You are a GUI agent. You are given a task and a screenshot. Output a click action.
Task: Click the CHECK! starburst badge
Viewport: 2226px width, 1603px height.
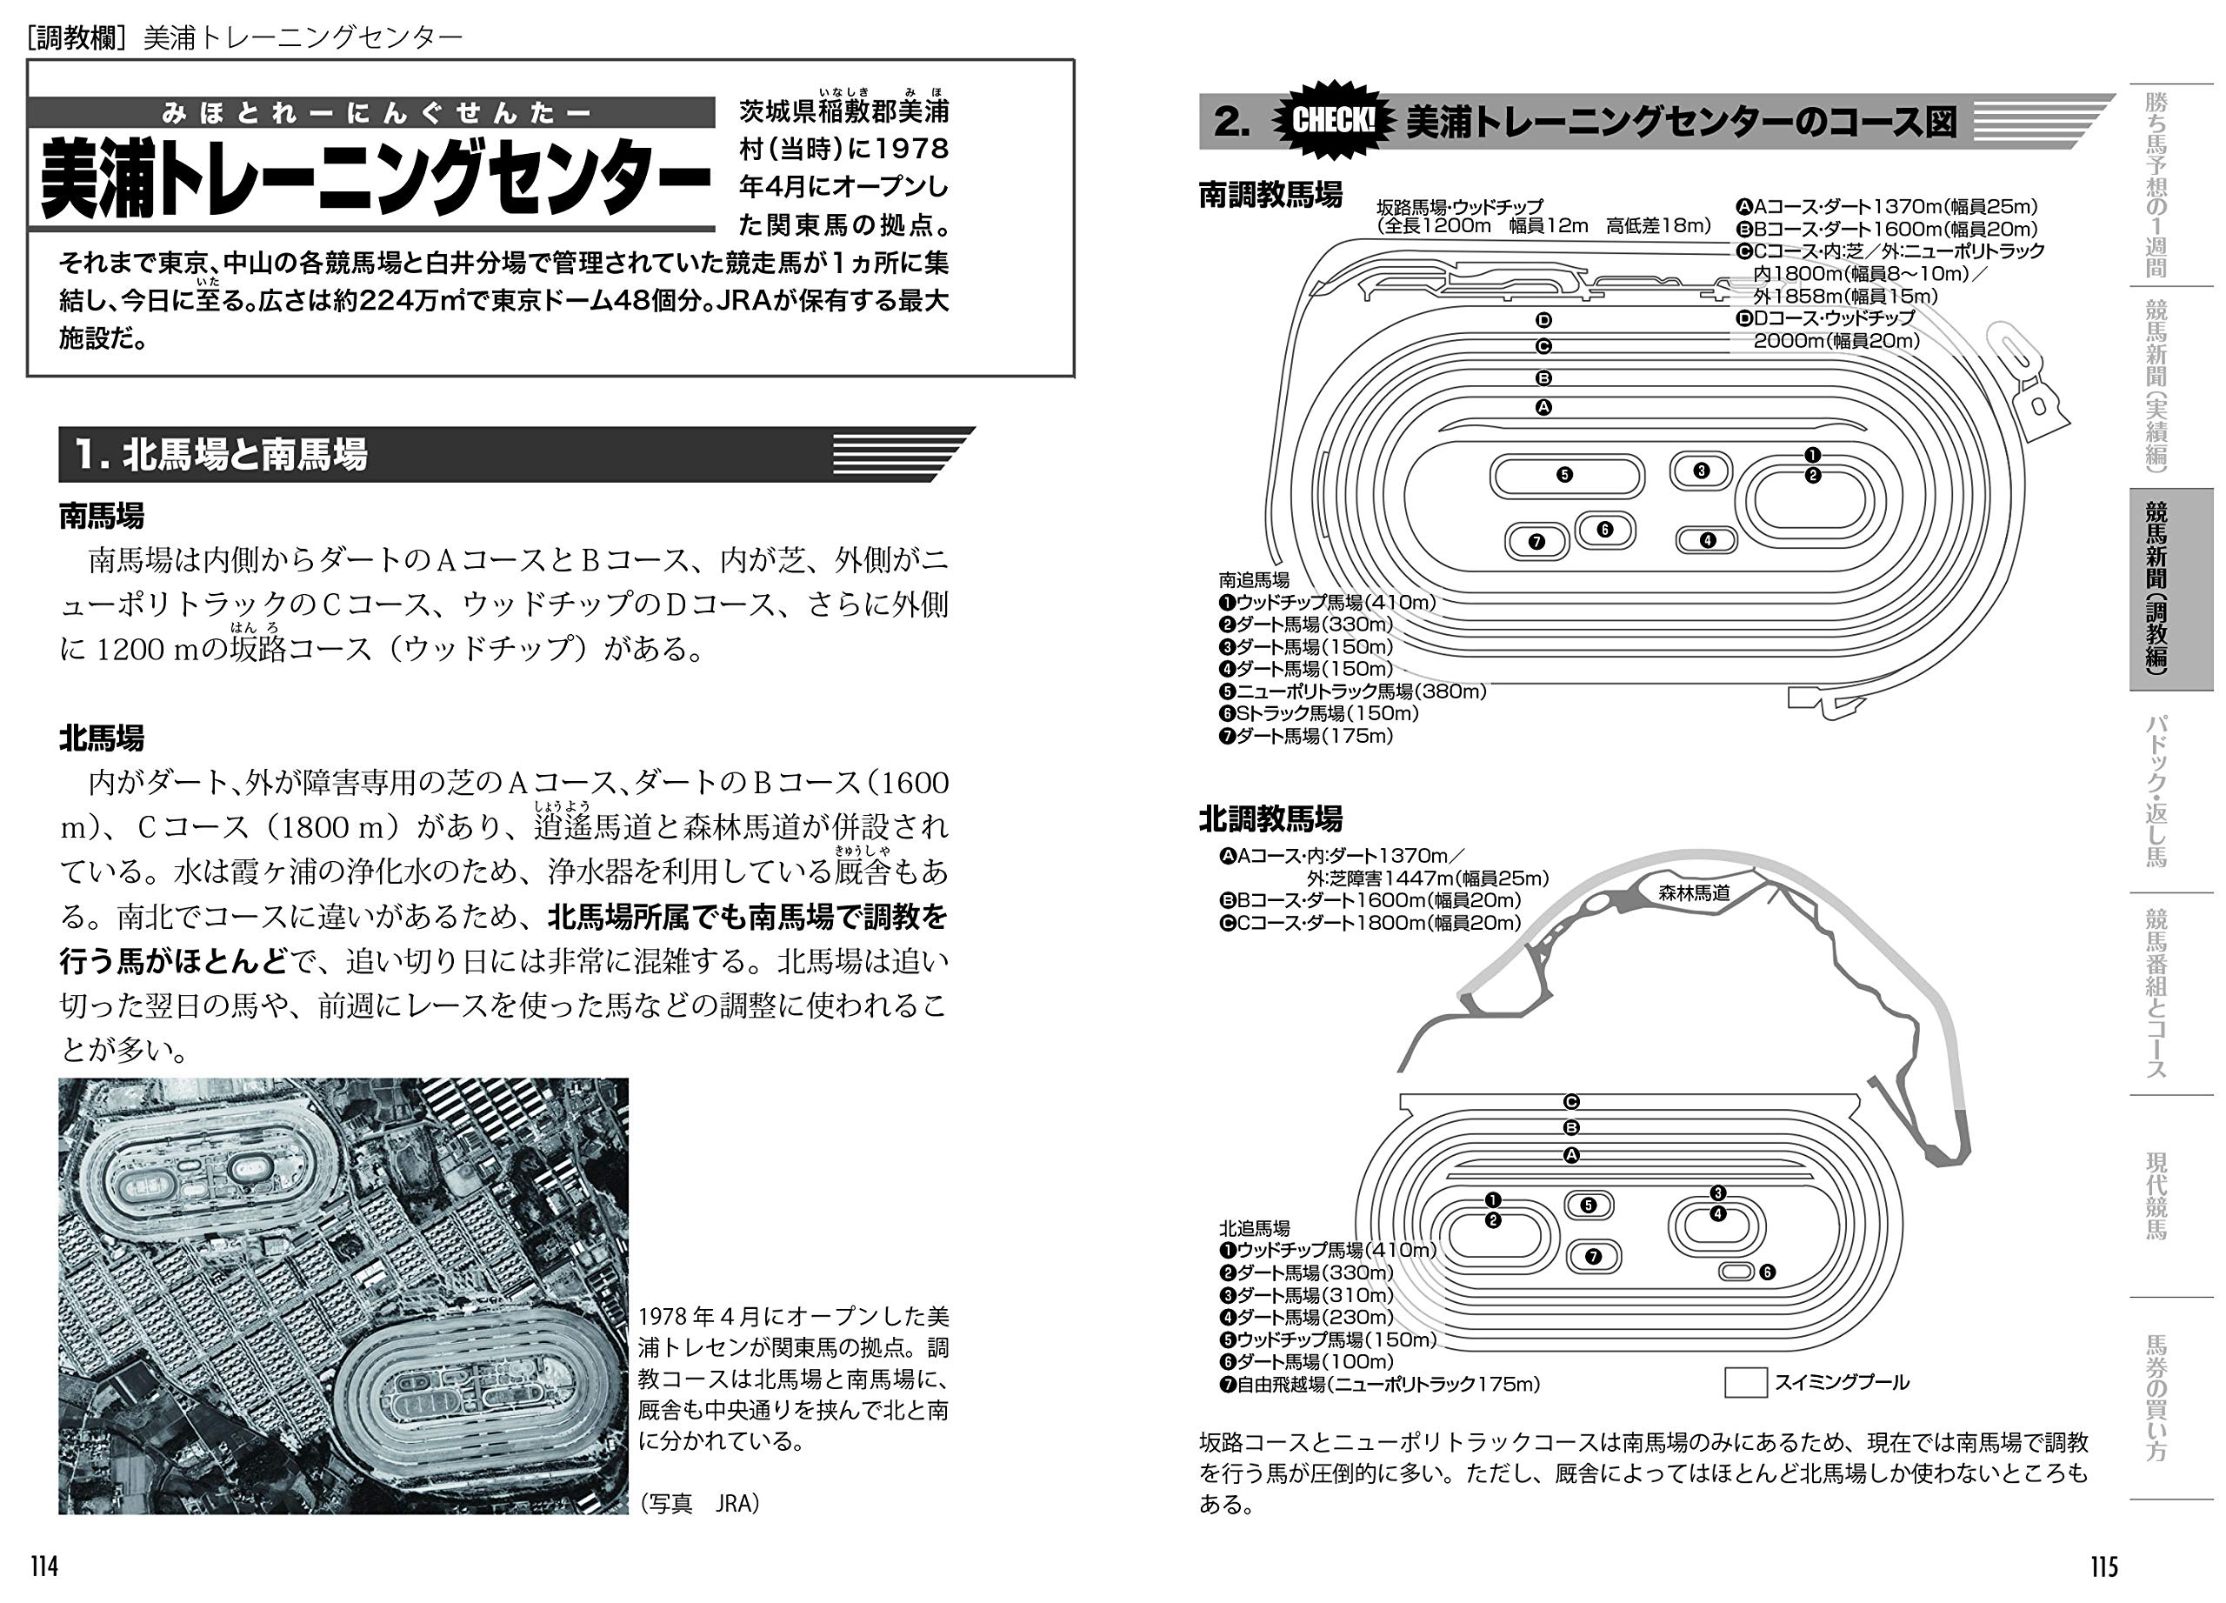coord(1332,121)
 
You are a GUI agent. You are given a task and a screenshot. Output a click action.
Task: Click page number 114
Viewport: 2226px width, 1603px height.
coord(44,1566)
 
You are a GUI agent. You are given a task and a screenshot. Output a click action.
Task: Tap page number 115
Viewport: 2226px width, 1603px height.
coord(2103,1566)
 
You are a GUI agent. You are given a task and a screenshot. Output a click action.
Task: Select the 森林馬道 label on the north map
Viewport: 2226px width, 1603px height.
coord(1694,893)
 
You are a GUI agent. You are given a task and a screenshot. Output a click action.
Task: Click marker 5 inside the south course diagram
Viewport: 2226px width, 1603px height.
coord(1564,475)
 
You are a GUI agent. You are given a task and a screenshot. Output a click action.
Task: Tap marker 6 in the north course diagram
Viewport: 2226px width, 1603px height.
coord(1767,1272)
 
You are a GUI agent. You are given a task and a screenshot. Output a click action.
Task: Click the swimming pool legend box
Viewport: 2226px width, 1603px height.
coord(1745,1382)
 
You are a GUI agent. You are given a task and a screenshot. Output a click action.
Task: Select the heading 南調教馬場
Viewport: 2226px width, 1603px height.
coord(1270,194)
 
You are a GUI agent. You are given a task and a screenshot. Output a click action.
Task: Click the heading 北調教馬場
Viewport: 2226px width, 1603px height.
coord(1270,818)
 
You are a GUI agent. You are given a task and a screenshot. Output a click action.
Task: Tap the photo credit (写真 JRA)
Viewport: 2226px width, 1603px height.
coord(700,1503)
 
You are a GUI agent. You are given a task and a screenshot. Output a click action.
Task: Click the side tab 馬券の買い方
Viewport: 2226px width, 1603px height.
coord(2156,1398)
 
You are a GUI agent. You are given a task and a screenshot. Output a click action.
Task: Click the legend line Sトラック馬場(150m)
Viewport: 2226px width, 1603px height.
coord(1319,713)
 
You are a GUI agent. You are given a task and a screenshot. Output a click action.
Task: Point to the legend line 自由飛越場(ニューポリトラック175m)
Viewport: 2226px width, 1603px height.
coord(1379,1384)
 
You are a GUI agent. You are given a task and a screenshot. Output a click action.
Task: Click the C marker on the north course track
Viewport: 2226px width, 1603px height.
coord(1570,1101)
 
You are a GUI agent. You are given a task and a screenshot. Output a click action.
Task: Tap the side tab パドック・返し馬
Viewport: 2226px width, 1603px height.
coord(2156,791)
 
